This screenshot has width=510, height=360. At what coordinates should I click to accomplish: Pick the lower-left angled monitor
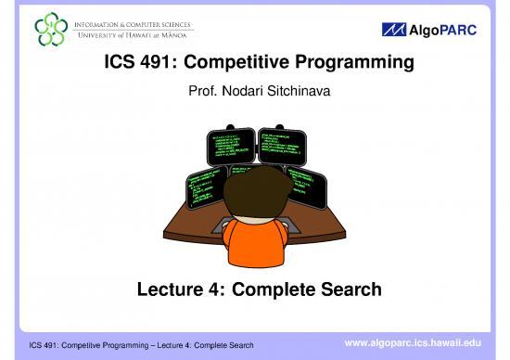[206, 188]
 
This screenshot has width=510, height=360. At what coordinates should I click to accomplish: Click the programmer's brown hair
[256, 190]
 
